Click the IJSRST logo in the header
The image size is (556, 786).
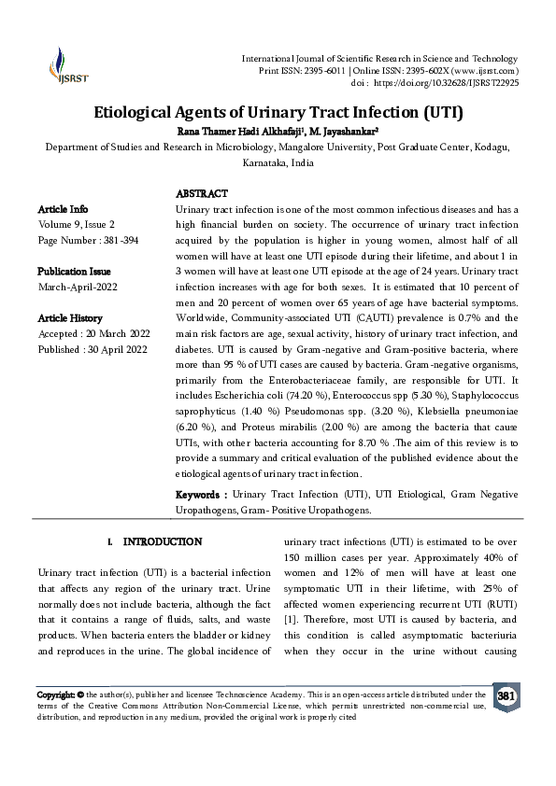click(x=67, y=63)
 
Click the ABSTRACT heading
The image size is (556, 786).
click(x=202, y=193)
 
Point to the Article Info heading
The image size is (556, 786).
click(x=63, y=208)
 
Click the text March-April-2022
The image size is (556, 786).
click(x=77, y=288)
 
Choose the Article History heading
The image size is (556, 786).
click(x=70, y=319)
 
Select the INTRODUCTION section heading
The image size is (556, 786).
click(x=163, y=541)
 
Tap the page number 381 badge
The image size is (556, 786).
click(x=506, y=697)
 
